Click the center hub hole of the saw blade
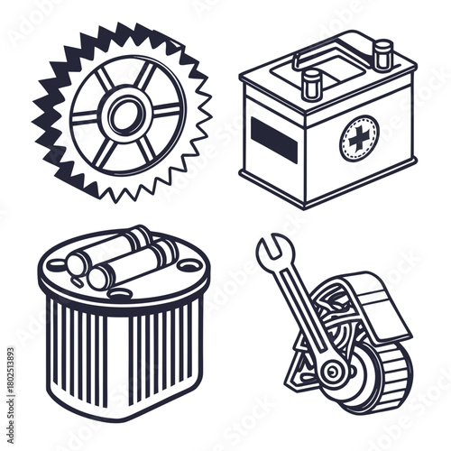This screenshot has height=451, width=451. click(125, 115)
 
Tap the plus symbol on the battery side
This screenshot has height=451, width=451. click(359, 139)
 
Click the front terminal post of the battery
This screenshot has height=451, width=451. click(312, 86)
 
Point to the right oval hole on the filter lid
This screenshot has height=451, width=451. click(189, 265)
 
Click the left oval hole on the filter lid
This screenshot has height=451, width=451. click(57, 265)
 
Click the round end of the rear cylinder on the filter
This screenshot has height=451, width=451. click(76, 262)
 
